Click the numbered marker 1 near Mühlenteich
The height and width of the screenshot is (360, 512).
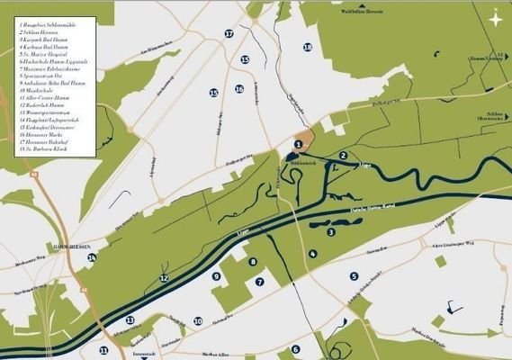tap(299, 144)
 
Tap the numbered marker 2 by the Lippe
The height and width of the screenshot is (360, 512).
tap(344, 156)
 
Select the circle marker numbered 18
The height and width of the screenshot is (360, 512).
tap(308, 47)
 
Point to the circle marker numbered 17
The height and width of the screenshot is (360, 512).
tap(229, 33)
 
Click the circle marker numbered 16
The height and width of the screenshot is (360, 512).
tap(239, 89)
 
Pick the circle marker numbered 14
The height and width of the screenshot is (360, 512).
tap(92, 258)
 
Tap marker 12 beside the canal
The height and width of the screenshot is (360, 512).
tap(164, 279)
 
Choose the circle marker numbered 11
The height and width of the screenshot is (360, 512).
tap(104, 350)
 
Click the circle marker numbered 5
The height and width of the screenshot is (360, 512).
tap(354, 276)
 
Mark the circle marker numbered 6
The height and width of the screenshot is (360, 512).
tap(295, 349)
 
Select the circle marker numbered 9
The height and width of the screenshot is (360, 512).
tap(216, 277)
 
